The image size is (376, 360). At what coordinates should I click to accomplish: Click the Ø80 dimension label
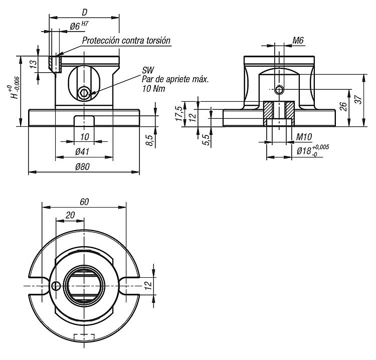pyautogui.click(x=82, y=166)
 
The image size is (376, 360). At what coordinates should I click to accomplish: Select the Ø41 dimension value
pyautogui.click(x=82, y=151)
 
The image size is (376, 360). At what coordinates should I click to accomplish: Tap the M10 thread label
pyautogui.click(x=304, y=137)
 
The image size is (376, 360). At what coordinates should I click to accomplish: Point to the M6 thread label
pyautogui.click(x=298, y=41)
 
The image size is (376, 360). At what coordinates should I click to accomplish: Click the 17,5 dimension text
pyautogui.click(x=179, y=113)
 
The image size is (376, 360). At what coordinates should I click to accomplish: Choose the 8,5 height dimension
pyautogui.click(x=149, y=140)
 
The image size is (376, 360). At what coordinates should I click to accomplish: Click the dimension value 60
pyautogui.click(x=84, y=202)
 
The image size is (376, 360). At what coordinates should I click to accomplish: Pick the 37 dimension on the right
pyautogui.click(x=358, y=100)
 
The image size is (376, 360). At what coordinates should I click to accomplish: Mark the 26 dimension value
pyautogui.click(x=343, y=106)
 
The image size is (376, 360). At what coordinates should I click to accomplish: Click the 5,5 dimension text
pyautogui.click(x=207, y=140)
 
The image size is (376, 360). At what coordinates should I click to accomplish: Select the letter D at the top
pyautogui.click(x=85, y=12)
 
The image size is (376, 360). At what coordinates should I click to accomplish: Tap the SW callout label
pyautogui.click(x=148, y=70)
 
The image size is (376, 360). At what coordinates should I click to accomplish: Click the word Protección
pyautogui.click(x=101, y=40)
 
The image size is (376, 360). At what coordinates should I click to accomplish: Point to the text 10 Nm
pyautogui.click(x=154, y=89)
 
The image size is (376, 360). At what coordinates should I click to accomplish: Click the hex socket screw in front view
pyautogui.click(x=84, y=93)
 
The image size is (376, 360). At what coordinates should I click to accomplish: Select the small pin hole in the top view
pyautogui.click(x=56, y=286)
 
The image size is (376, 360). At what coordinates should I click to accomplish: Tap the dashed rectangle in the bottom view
pyautogui.click(x=84, y=337)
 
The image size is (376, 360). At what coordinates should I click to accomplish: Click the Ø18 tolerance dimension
pyautogui.click(x=313, y=150)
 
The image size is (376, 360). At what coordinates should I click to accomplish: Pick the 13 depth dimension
pyautogui.click(x=34, y=64)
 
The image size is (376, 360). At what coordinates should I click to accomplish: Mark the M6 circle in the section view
pyautogui.click(x=279, y=90)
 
